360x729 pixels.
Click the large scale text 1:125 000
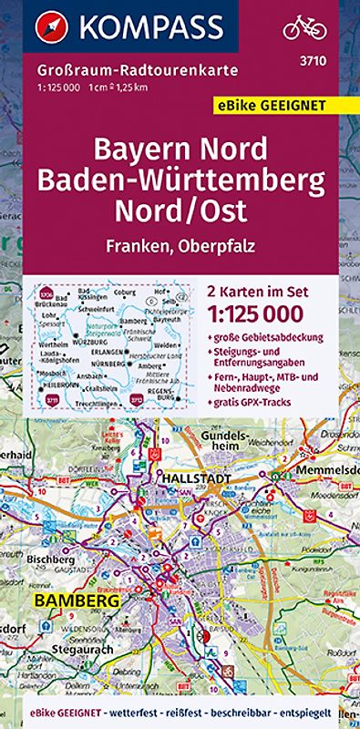click(264, 312)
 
